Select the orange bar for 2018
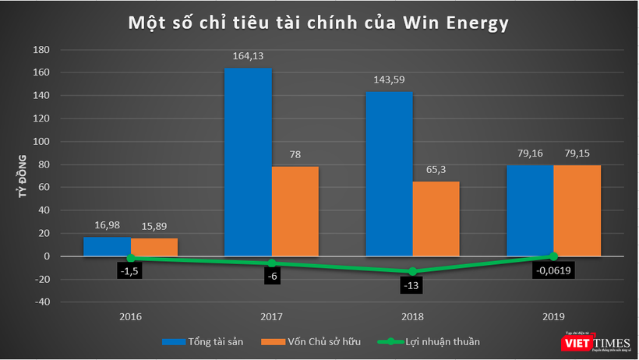pyautogui.click(x=436, y=219)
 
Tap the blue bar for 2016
pyautogui.click(x=107, y=246)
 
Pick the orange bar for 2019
pyautogui.click(x=577, y=210)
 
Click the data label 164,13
pyautogui.click(x=248, y=56)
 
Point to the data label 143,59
pyautogui.click(x=389, y=79)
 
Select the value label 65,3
pyautogui.click(x=436, y=170)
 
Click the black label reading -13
pyautogui.click(x=412, y=285)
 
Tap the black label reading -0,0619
pyautogui.click(x=553, y=272)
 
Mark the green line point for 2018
pyautogui.click(x=412, y=271)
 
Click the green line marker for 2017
pyautogui.click(x=271, y=263)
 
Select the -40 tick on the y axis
pyautogui.click(x=41, y=302)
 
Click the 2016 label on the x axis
pyautogui.click(x=130, y=317)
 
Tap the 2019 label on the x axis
pyautogui.click(x=553, y=317)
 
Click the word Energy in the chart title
pyautogui.click(x=471, y=23)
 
